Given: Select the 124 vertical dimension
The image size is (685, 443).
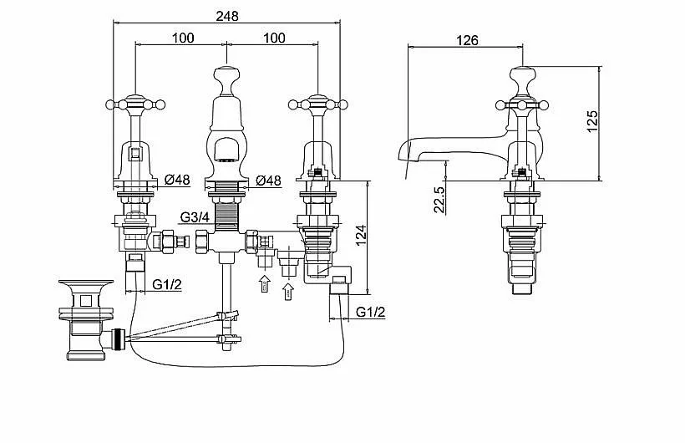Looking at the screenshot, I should (361, 237).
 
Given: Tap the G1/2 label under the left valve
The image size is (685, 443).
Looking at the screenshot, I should (167, 284).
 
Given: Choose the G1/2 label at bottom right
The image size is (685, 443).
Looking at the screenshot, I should (371, 313).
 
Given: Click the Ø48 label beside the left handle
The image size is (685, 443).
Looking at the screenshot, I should (176, 180).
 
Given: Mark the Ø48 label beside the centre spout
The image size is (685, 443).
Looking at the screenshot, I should (268, 180).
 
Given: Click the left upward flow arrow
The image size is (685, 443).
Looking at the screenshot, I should (264, 284).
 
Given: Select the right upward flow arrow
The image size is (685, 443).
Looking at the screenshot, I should (288, 291).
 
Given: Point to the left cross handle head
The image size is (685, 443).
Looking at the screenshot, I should (136, 104).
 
